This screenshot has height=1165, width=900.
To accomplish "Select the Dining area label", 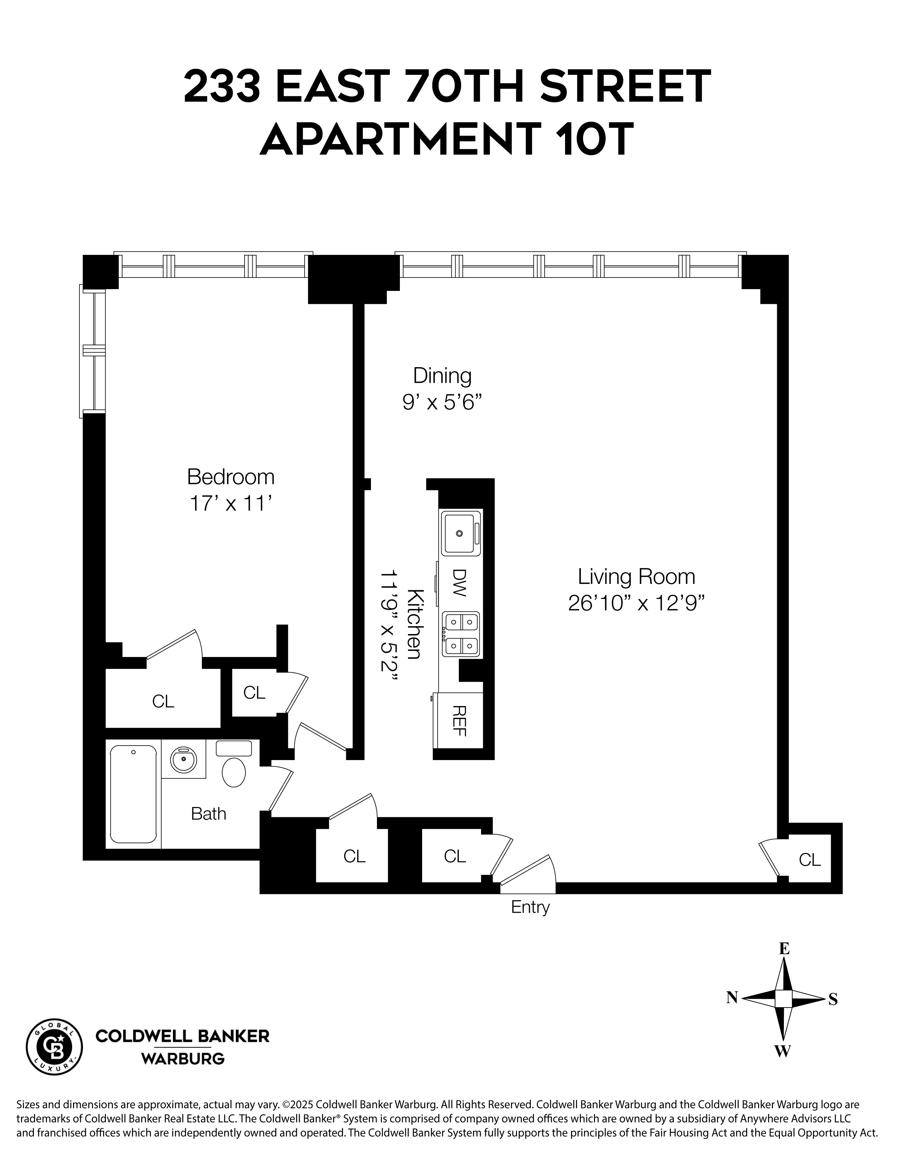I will [x=442, y=376].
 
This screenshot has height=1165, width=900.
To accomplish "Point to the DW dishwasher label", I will [x=459, y=582].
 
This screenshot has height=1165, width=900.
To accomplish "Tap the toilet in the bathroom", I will [x=234, y=771].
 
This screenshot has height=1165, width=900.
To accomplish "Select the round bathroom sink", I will [x=184, y=759].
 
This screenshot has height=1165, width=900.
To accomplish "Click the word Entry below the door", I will [x=530, y=907].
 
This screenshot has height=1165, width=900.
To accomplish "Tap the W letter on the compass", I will [x=782, y=1051].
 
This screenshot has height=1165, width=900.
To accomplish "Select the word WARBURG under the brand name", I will [x=182, y=1058].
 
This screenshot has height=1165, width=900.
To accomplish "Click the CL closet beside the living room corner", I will [x=809, y=859].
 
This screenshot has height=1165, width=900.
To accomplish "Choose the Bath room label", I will [x=209, y=813].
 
